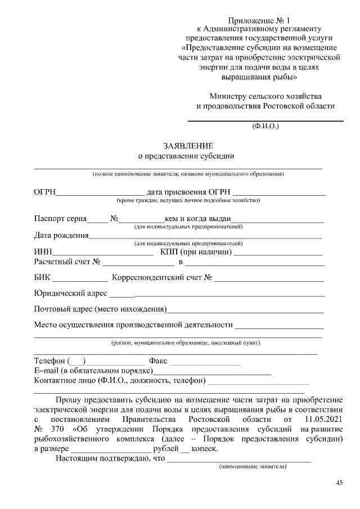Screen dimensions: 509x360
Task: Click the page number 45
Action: tap(339, 483)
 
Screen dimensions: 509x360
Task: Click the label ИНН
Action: tap(43, 252)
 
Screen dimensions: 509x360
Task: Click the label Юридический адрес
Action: tap(70, 293)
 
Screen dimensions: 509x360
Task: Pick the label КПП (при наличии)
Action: tap(196, 252)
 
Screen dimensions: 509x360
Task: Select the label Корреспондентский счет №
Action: tap(161, 277)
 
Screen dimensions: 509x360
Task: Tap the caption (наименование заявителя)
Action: tap(253, 467)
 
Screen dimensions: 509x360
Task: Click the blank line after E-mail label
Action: tap(213, 371)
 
